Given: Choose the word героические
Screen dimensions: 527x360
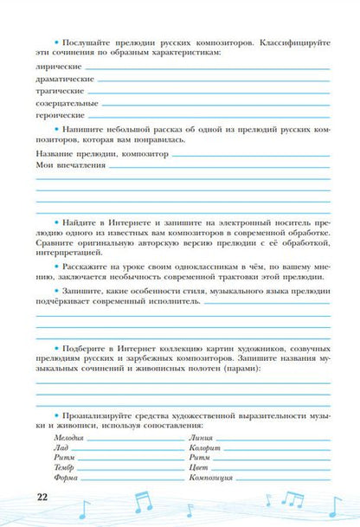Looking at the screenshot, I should pyautogui.click(x=58, y=114).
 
